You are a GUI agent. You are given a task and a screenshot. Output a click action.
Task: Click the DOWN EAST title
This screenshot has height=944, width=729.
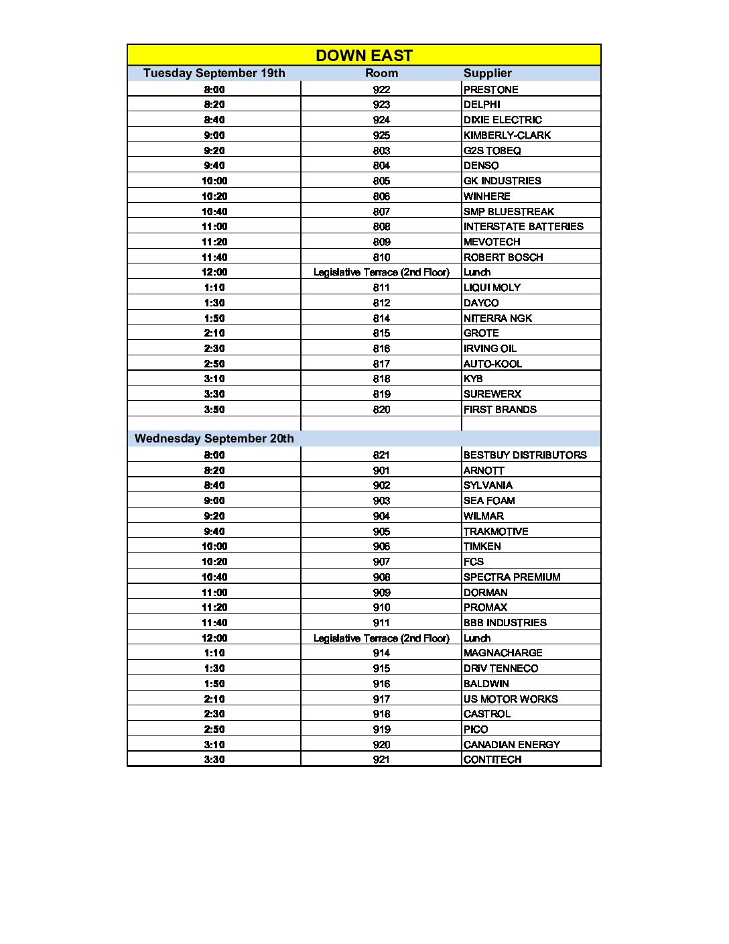364,56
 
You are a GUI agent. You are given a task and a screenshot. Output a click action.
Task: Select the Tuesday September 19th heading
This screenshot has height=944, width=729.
214,73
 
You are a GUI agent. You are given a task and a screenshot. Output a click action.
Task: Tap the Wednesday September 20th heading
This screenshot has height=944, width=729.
214,438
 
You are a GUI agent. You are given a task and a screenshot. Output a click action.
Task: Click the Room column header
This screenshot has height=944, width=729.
381,73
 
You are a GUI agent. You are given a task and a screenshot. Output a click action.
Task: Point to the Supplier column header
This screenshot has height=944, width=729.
487,73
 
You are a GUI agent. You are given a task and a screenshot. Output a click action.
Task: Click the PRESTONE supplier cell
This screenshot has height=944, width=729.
490,90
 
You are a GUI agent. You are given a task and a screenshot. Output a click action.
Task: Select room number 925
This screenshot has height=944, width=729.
381,135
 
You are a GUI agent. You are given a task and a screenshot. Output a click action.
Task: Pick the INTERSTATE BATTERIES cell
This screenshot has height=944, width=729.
523,227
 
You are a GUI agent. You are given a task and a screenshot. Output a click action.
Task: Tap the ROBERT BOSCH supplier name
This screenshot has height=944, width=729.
503,257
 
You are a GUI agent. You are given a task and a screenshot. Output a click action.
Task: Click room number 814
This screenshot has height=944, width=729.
381,318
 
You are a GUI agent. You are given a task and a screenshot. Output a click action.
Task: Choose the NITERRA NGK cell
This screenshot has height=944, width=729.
498,318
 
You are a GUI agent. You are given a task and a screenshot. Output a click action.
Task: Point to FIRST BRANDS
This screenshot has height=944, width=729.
500,410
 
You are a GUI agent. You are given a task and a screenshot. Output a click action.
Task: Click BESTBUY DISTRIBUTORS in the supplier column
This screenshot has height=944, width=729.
525,455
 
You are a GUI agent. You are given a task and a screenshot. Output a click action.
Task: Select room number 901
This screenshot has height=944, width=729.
381,471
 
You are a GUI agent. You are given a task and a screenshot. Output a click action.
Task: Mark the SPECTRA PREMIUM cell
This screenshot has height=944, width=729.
512,577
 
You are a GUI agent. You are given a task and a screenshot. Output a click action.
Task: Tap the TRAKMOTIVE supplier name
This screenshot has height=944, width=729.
496,532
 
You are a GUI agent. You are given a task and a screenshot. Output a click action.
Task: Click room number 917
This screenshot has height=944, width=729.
381,699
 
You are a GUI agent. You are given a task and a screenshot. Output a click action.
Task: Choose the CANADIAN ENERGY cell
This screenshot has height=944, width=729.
512,745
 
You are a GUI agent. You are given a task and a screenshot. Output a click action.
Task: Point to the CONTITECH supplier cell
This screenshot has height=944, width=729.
492,760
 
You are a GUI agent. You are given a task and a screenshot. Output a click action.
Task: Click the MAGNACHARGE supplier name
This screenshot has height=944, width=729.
503,653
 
